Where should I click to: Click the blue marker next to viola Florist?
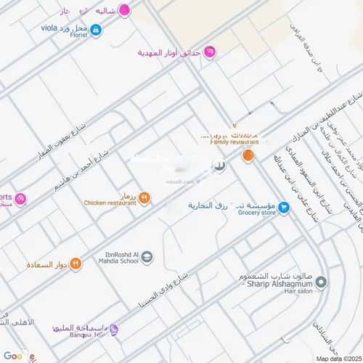tap(97, 30)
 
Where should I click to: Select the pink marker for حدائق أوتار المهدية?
tap(210, 51)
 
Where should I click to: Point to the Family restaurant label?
tap(231, 142)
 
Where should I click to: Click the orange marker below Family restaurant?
tap(248, 155)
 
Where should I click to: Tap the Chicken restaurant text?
tap(110, 203)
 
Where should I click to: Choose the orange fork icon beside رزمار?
tap(144, 197)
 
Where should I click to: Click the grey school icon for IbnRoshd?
tap(147, 256)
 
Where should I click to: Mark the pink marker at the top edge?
tap(124, 10)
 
